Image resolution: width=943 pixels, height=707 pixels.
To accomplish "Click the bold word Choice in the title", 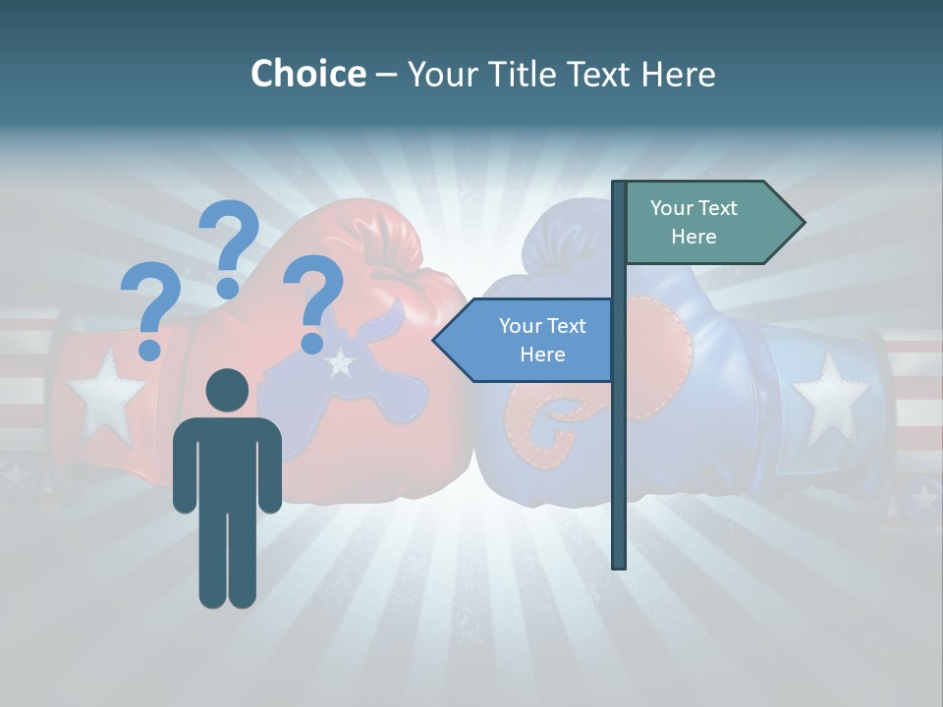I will pos(307,74).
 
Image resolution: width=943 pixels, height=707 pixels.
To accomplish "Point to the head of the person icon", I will pos(227,390).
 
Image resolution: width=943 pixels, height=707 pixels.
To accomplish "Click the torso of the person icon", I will pos(227,462).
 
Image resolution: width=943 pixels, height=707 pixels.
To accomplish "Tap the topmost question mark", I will pos(229,245).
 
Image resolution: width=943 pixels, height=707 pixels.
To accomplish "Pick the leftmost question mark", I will pos(149,309).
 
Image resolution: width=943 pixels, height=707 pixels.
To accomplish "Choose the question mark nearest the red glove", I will pos(312,300).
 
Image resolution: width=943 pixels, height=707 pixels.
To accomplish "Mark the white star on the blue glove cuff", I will pos(830,398).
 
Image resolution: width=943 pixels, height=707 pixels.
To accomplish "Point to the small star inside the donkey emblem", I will pos(340,363).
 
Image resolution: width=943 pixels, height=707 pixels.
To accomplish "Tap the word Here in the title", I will pos(678,74).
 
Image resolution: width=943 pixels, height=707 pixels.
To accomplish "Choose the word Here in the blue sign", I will pos(542,354).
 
